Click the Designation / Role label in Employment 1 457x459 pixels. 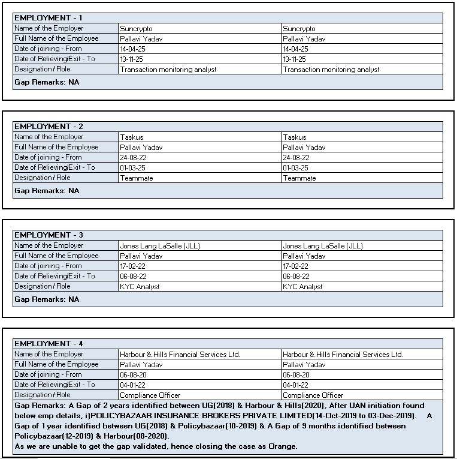click(x=42, y=69)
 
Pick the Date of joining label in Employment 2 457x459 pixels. click(x=48, y=157)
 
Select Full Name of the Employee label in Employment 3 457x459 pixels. click(x=56, y=256)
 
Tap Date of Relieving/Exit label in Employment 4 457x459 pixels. click(x=55, y=385)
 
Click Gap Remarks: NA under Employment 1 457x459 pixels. click(x=47, y=82)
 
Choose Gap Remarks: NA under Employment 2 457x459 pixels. click(x=47, y=191)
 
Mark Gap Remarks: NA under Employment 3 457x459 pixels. click(x=47, y=299)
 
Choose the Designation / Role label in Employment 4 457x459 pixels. click(x=42, y=395)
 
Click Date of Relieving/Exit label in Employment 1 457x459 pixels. click(x=55, y=59)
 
